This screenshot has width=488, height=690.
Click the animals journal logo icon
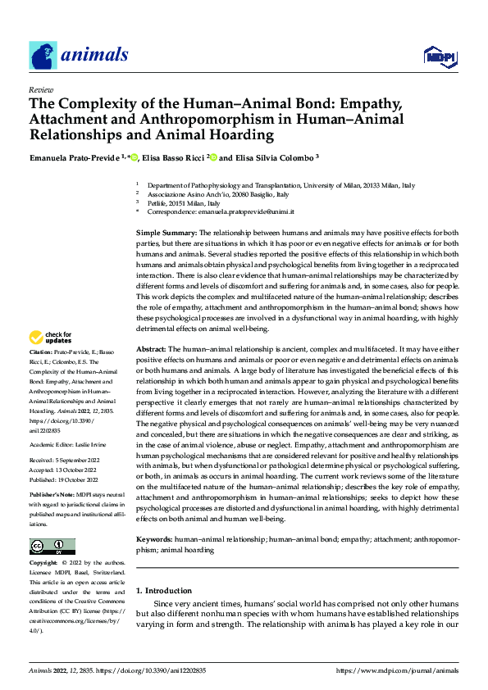[43, 55]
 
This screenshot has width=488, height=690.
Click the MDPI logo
[438, 55]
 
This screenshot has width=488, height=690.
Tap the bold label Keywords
[154, 540]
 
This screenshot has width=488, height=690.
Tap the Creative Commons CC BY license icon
[52, 547]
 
